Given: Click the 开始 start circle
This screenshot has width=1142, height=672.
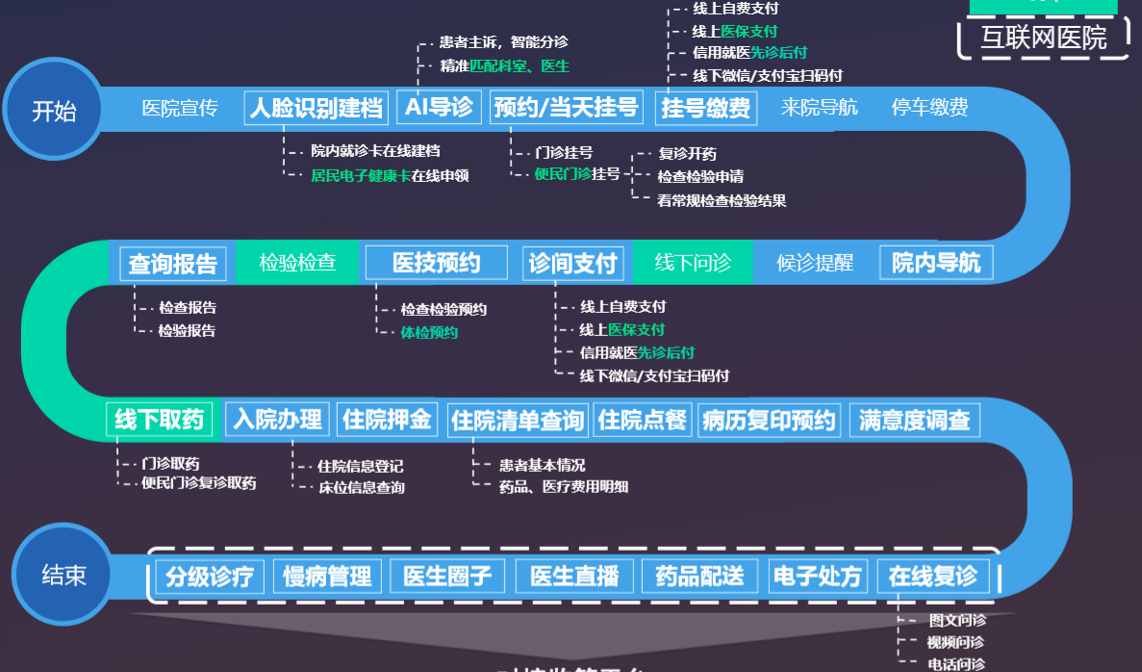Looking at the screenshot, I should [54, 111].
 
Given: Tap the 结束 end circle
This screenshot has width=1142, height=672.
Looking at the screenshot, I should [63, 576].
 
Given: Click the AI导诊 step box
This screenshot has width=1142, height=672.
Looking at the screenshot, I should [439, 107].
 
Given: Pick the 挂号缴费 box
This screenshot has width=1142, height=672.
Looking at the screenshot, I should [706, 108].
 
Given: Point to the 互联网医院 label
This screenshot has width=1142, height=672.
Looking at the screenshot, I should [1043, 38].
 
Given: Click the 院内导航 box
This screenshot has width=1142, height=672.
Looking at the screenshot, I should [935, 263].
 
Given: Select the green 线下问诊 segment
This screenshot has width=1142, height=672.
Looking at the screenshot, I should [693, 263].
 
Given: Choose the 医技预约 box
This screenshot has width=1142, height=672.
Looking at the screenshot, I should [436, 262].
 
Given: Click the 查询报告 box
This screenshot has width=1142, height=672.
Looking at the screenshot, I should [173, 264].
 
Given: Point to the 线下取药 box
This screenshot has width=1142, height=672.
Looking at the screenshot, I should [160, 420].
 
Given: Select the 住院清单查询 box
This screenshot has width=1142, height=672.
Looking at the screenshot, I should [518, 421].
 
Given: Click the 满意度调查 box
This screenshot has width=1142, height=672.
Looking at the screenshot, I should [914, 420].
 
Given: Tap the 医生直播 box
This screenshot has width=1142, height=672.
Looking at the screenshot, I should [574, 576].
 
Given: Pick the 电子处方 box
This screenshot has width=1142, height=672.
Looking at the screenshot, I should [817, 576].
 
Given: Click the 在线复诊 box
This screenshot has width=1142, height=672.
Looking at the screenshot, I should [933, 576].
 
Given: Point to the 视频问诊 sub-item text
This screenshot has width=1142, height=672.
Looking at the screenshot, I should [955, 642].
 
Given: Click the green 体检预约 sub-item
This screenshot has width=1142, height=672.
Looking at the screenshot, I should [429, 333].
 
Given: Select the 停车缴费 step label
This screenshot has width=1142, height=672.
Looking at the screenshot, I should [929, 108].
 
